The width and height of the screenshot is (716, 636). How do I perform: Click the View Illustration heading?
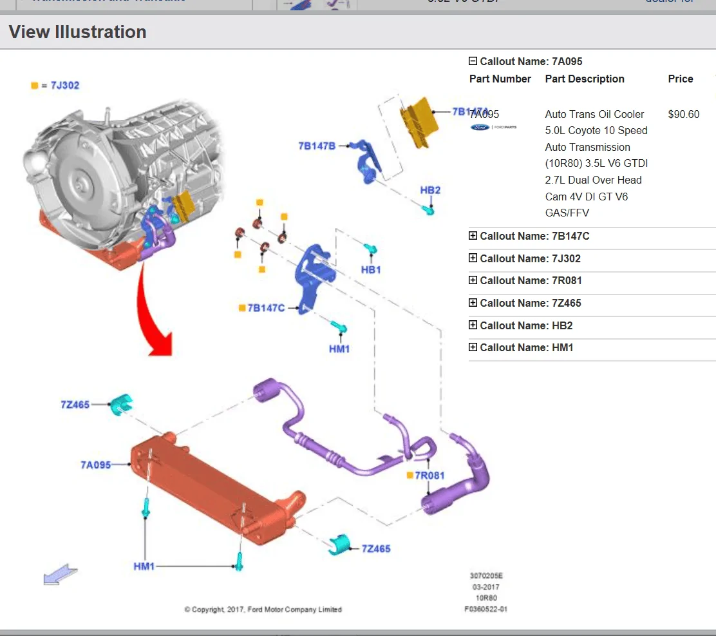(x=77, y=32)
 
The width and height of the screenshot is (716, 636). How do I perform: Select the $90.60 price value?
(x=683, y=114)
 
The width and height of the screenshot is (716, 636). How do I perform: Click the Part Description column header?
(x=584, y=79)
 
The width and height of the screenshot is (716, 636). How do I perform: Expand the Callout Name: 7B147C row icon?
(x=473, y=236)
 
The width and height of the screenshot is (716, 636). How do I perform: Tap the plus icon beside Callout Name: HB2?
(x=473, y=325)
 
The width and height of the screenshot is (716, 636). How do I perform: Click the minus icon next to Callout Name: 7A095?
(x=473, y=61)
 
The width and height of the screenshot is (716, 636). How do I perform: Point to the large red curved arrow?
(x=155, y=309)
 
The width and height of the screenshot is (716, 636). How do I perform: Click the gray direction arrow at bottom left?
(x=60, y=574)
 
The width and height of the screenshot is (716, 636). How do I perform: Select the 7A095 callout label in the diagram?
(x=95, y=465)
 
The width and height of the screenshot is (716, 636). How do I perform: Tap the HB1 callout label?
(x=371, y=269)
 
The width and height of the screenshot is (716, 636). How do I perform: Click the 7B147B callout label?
(x=317, y=146)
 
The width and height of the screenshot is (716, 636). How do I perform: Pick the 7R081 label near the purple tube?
(x=429, y=476)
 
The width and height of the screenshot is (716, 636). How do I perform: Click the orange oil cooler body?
(x=206, y=490)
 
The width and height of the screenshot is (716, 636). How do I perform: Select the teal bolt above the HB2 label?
(x=428, y=209)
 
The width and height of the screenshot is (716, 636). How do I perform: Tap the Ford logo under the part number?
(x=480, y=128)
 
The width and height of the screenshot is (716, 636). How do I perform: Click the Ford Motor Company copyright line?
(x=263, y=609)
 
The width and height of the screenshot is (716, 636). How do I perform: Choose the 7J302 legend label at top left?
(x=64, y=85)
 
